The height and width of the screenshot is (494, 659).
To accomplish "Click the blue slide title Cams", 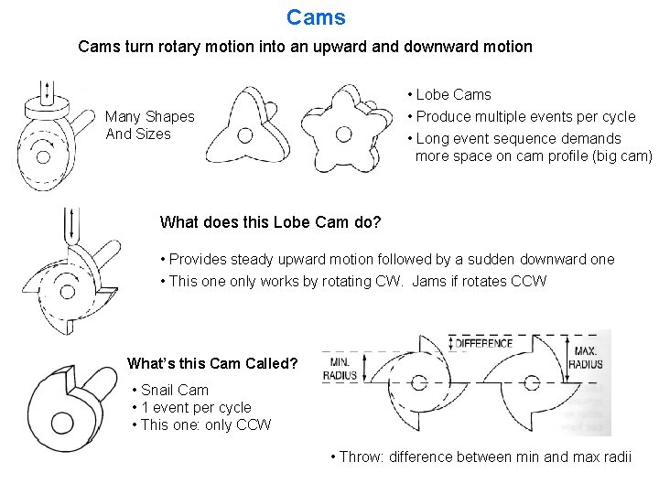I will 316,17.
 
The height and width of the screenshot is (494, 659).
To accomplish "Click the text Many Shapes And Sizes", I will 149,125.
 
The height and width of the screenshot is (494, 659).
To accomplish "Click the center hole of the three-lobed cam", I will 244,136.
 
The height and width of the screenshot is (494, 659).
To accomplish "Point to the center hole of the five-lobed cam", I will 343,134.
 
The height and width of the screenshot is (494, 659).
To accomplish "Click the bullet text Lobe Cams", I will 453,94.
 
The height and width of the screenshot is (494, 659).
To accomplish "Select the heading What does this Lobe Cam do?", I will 270,222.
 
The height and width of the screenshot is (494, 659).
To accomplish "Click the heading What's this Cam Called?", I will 212,363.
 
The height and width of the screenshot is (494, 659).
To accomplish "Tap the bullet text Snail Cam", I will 175,390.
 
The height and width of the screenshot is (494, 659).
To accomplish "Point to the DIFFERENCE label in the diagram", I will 483,343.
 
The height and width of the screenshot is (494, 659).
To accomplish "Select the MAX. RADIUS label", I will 586,357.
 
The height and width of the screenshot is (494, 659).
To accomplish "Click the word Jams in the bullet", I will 430,281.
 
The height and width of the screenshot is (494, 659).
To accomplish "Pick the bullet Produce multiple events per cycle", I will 525,116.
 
